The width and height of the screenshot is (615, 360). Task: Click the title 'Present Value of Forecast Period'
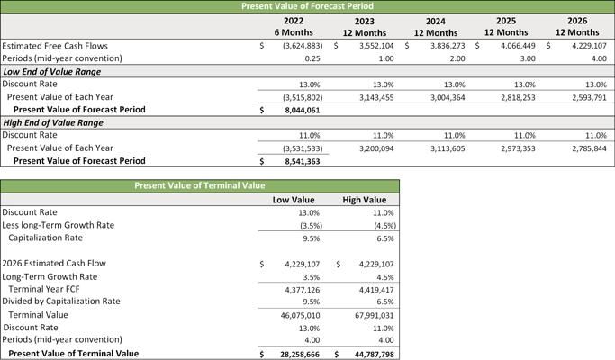[x=307, y=6]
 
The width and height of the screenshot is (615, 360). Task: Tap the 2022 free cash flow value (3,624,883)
[x=303, y=46]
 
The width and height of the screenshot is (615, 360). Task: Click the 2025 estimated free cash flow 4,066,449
[x=518, y=46]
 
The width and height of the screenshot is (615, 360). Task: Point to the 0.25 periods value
[x=312, y=58]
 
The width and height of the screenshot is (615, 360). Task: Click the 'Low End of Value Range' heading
[x=52, y=72]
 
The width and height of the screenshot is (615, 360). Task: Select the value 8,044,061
[x=303, y=110]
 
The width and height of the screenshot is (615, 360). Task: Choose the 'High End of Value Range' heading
[x=53, y=122]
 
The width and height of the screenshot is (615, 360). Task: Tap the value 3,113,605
[x=448, y=148]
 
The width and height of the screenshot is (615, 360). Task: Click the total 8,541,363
[x=303, y=161]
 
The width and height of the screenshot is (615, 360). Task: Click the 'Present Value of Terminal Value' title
[x=200, y=185]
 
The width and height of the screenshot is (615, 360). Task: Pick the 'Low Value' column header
[x=294, y=200]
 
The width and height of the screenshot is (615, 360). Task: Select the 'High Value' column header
[x=365, y=200]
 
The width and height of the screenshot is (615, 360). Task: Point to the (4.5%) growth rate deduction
[x=385, y=226]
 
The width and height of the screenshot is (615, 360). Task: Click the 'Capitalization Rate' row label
[x=46, y=238]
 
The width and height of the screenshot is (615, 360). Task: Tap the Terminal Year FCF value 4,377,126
[x=303, y=290]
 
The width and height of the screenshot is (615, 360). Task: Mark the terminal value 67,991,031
[x=375, y=316]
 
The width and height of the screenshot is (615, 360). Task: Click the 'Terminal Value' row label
[x=38, y=315]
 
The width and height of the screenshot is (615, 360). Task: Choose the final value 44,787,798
[x=375, y=355]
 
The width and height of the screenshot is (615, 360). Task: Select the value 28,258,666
[x=300, y=355]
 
